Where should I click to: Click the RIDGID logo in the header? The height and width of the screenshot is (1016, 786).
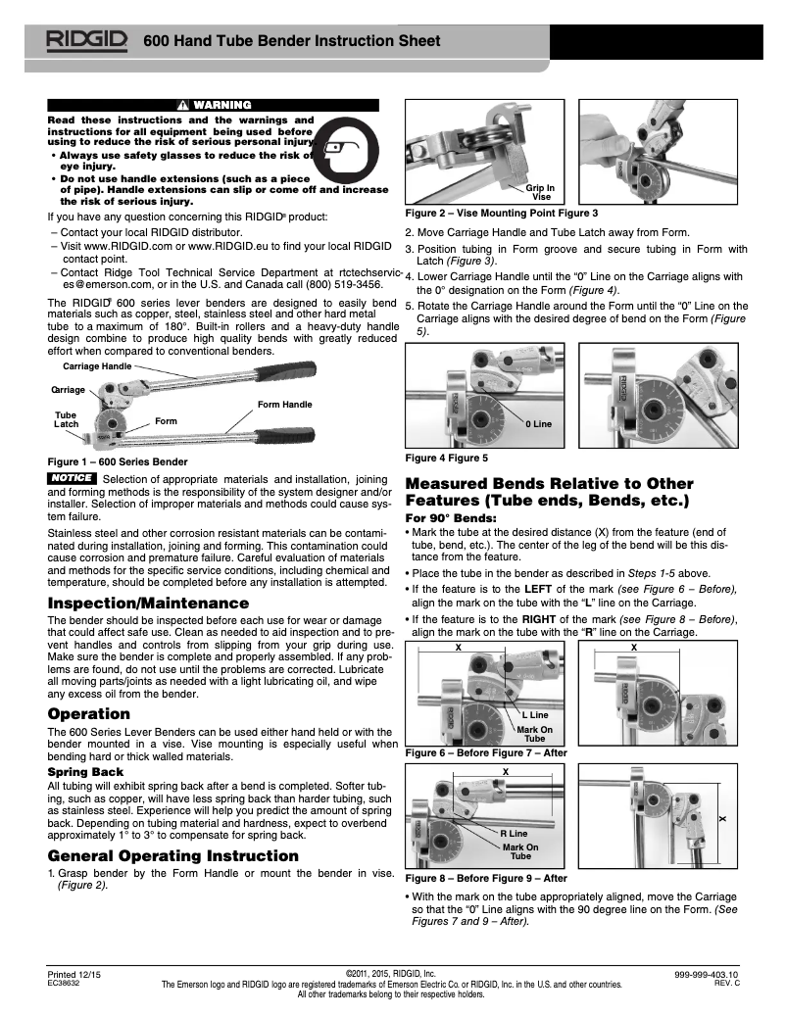point(85,41)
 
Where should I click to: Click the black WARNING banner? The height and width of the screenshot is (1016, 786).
point(213,105)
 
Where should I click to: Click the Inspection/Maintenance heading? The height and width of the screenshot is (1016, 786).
point(148,603)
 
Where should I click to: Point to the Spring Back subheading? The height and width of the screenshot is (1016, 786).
point(86,772)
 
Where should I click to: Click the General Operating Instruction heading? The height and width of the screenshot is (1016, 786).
point(172,855)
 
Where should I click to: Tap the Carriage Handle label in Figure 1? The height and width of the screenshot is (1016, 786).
point(97,365)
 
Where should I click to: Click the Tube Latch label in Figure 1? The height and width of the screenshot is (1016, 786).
point(66,419)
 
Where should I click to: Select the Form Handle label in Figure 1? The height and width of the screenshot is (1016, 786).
point(284,404)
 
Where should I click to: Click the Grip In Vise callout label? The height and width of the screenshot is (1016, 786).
point(540,191)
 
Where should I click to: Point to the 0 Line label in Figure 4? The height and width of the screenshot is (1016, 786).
point(539,423)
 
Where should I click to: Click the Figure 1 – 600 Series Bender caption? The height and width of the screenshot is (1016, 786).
point(118,460)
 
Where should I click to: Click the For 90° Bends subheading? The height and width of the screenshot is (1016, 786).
point(451,517)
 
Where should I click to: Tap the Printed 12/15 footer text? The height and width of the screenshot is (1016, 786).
point(74,975)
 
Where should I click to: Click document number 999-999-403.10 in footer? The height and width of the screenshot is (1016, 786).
point(707,975)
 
